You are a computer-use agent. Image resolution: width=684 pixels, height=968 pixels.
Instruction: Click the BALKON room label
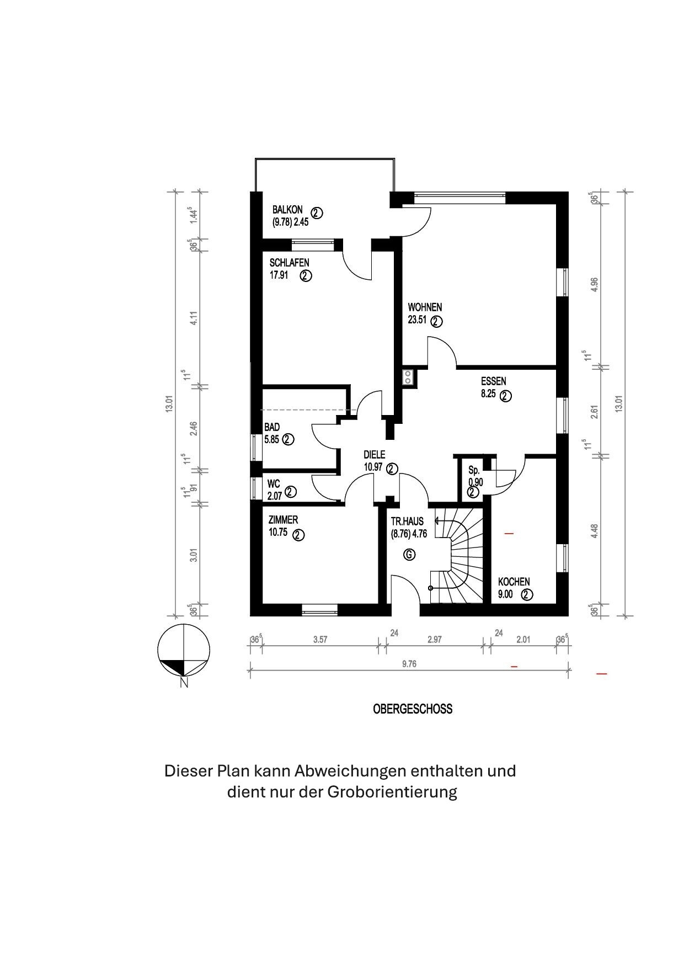[287, 210]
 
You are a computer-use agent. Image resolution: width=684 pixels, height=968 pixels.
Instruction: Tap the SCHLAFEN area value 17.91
[279, 275]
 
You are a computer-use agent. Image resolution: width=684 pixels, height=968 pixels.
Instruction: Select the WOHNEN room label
[425, 307]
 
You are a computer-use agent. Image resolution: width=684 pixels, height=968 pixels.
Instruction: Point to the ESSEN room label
[493, 381]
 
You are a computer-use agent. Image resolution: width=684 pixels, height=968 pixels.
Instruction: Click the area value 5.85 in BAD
[272, 439]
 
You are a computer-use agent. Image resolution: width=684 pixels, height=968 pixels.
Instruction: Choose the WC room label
[274, 483]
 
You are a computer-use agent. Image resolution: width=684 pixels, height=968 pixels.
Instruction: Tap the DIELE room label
[374, 455]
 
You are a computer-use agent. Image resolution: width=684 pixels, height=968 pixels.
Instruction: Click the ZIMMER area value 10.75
[279, 534]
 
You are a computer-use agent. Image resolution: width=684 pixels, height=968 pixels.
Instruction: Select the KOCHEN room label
[514, 582]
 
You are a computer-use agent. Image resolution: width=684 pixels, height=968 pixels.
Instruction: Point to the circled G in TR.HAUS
[409, 554]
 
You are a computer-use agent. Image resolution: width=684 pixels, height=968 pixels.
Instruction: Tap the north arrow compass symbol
[184, 651]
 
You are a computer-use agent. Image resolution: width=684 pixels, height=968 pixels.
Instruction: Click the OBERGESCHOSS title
[413, 709]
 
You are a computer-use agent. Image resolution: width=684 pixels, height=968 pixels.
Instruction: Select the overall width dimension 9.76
[409, 664]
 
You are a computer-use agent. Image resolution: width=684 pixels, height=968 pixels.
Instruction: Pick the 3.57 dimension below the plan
[320, 640]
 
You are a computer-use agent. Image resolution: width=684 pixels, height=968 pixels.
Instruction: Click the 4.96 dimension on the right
[595, 284]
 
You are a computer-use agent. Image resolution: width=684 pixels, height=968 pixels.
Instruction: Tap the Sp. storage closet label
[474, 470]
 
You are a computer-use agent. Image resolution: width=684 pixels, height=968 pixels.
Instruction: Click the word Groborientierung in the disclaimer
[392, 792]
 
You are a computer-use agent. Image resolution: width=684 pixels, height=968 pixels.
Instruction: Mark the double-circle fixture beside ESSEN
[408, 377]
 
